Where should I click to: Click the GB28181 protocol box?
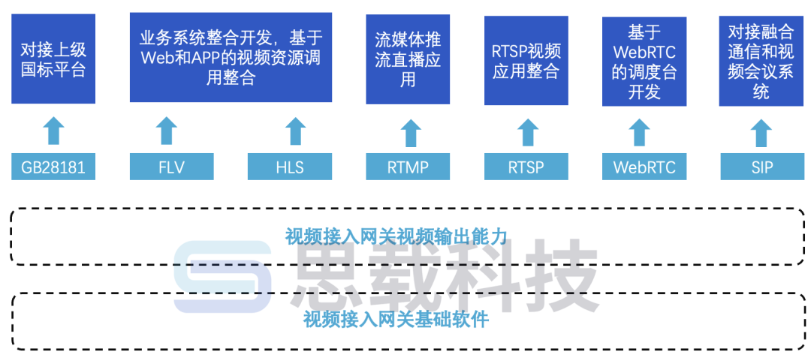point(53,167)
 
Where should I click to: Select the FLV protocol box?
point(171,167)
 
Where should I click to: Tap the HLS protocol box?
point(290,167)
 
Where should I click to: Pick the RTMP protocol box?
point(408,167)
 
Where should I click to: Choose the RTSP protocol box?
point(526,167)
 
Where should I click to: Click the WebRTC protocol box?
point(644,167)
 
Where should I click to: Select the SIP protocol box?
point(761,167)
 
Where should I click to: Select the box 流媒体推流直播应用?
point(408,59)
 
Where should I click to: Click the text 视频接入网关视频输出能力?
point(396,237)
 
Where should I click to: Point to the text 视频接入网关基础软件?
point(396,320)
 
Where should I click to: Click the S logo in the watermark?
point(222,277)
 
